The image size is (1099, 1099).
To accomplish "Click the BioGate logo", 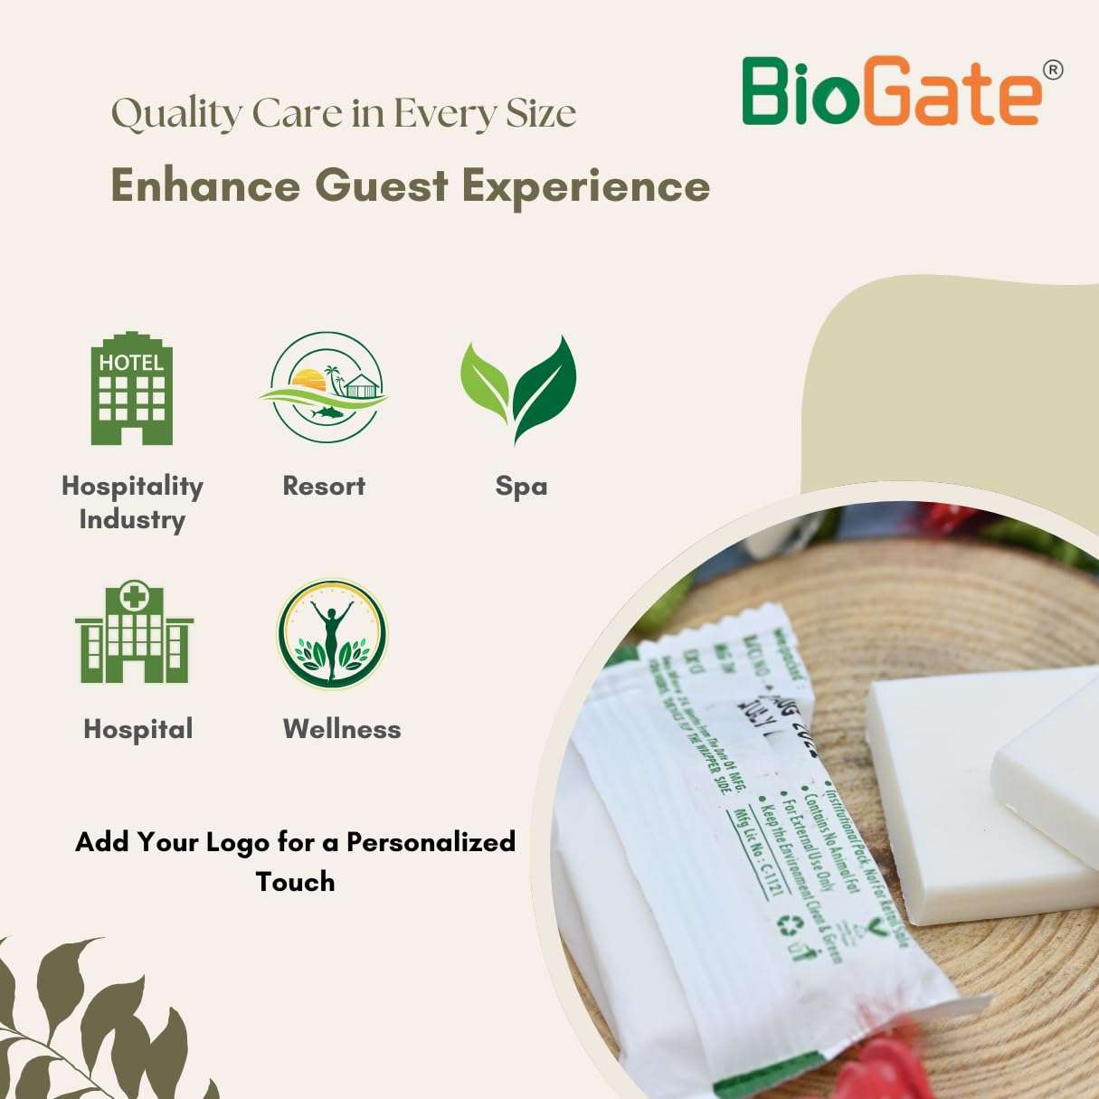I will [x=891, y=91].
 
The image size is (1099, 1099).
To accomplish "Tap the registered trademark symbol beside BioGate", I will [x=1052, y=70].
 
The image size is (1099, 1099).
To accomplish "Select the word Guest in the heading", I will [x=381, y=186].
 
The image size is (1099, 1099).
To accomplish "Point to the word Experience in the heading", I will [x=585, y=186].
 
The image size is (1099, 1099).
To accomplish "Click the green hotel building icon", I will [x=132, y=389].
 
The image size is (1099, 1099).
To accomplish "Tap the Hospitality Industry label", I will [x=132, y=502].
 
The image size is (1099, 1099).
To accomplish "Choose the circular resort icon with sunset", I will [x=325, y=387].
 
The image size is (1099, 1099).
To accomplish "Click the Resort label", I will [x=324, y=487].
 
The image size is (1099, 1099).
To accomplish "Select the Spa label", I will [x=521, y=487].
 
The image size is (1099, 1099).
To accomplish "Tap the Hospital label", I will [x=138, y=729].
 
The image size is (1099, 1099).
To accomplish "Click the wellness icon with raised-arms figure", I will [x=332, y=634].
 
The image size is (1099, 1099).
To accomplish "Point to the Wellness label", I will [x=342, y=729].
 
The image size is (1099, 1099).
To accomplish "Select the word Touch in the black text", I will [x=295, y=882].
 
